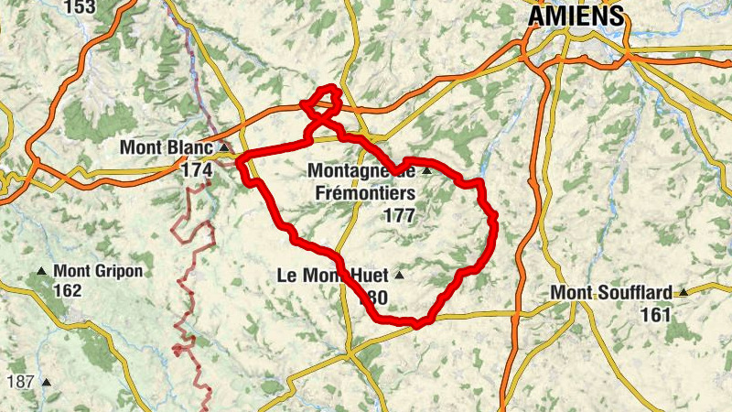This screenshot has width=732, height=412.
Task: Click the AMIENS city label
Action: tap(576, 16)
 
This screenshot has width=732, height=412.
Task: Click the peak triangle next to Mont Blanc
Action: tap(223, 146)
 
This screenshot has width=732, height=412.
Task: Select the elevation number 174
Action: tap(197, 169)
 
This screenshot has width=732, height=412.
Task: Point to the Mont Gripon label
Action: tap(98, 271)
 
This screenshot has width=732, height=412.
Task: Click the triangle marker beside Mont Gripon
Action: tap(42, 271)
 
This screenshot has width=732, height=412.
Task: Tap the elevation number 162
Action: tap(67, 291)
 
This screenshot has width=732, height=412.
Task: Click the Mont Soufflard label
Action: tap(612, 293)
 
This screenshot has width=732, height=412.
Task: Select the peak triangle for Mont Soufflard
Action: tap(683, 293)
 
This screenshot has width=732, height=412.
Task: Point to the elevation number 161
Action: tap(655, 314)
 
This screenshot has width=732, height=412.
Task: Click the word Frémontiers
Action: tap(362, 193)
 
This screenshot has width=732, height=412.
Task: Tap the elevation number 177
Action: tap(400, 216)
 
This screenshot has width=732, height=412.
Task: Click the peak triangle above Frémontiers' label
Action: tap(425, 170)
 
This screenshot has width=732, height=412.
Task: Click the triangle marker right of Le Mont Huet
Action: tap(399, 275)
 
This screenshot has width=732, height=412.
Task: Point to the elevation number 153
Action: tap(80, 7)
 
